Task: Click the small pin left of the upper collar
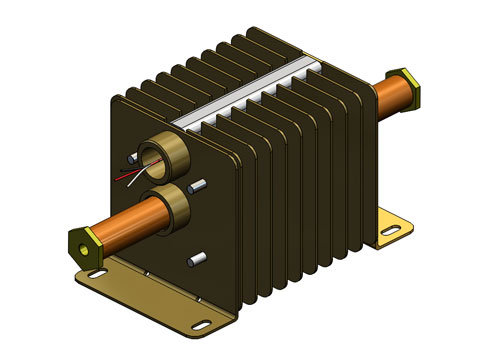[133, 158]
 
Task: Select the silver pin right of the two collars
[199, 184]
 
